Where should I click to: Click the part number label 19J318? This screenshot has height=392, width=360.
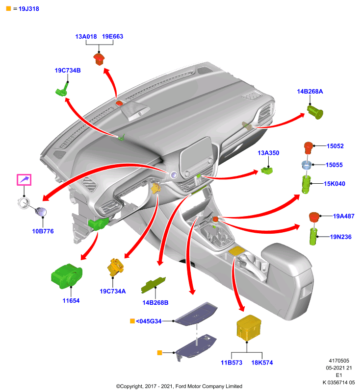pyautogui.click(x=29, y=9)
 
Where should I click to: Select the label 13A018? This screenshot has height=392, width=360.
pyautogui.click(x=86, y=36)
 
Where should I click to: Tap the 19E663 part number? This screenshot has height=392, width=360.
pyautogui.click(x=113, y=36)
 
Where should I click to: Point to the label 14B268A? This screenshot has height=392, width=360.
pyautogui.click(x=309, y=92)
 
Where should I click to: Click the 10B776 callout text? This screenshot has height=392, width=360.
pyautogui.click(x=43, y=231)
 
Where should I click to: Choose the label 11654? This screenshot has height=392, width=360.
pyautogui.click(x=71, y=301)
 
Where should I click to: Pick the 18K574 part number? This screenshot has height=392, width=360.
pyautogui.click(x=262, y=363)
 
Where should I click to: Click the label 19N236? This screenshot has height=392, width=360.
pyautogui.click(x=341, y=237)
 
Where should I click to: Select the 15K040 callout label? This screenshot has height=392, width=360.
pyautogui.click(x=334, y=184)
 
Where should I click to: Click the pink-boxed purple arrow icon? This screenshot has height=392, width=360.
pyautogui.click(x=24, y=180)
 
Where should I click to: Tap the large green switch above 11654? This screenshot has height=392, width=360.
pyautogui.click(x=67, y=276)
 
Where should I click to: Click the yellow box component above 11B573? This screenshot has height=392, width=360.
pyautogui.click(x=249, y=328)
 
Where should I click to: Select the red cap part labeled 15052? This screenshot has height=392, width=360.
pyautogui.click(x=309, y=148)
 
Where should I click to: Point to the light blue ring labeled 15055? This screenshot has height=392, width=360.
pyautogui.click(x=307, y=165)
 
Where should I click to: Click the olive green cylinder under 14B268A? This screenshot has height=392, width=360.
pyautogui.click(x=315, y=112)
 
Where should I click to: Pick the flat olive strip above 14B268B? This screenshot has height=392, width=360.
pyautogui.click(x=153, y=285)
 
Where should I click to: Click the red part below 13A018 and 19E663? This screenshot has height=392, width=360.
pyautogui.click(x=99, y=59)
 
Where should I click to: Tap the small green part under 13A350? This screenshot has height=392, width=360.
pyautogui.click(x=267, y=171)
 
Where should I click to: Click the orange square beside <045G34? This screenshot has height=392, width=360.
pyautogui.click(x=132, y=321)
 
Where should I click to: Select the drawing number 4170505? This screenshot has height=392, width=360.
pyautogui.click(x=339, y=361)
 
